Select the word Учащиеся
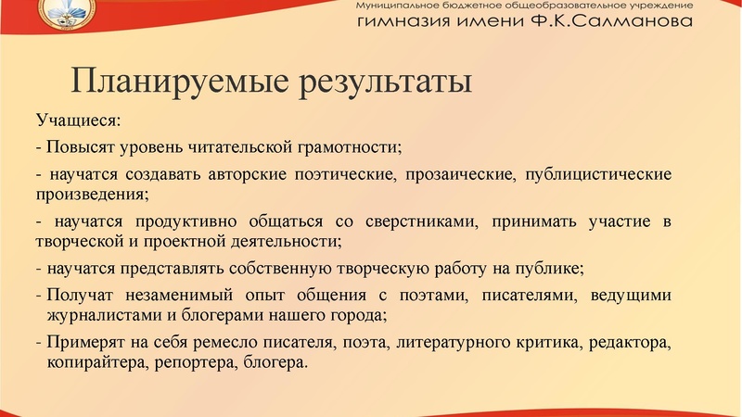coord(79,121)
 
